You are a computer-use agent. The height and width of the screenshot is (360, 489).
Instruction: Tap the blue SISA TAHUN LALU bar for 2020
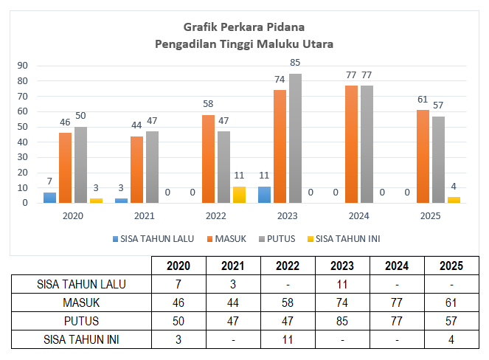coord(49,197)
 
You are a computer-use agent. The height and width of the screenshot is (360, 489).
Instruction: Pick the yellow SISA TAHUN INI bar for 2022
coord(238,194)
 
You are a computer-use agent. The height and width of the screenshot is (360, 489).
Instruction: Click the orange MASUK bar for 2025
coord(423,156)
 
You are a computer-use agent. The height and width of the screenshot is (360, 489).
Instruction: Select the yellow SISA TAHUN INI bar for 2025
coord(454,199)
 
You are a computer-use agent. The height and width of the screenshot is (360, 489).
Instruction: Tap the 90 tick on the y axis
coord(23,65)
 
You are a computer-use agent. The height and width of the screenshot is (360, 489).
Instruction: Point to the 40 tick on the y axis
coord(23,142)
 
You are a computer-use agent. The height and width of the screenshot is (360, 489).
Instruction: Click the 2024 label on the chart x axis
coord(358,217)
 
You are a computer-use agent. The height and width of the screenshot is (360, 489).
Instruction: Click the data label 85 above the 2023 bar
coord(295,63)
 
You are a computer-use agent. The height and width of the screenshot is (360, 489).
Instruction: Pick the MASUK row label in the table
coord(80,302)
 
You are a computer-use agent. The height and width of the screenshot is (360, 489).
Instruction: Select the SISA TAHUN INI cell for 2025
coord(451,339)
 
